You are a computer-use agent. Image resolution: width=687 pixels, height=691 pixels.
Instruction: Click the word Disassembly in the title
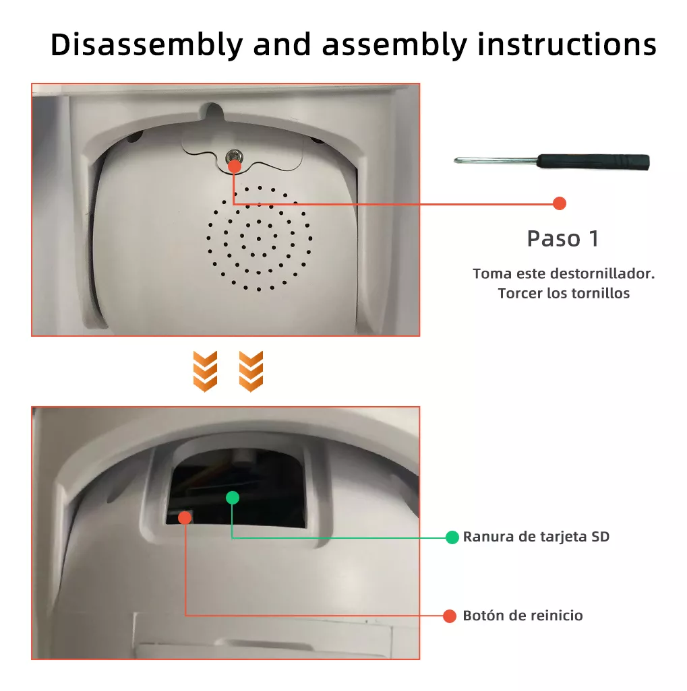coord(146,45)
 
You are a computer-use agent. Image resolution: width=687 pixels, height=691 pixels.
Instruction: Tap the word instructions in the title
coord(567,45)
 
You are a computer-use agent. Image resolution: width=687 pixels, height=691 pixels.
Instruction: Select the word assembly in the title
coord(394,45)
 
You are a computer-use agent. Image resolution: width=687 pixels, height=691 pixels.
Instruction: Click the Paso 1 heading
coord(562,238)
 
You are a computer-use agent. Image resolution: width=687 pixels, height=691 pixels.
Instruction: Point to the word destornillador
coord(602,274)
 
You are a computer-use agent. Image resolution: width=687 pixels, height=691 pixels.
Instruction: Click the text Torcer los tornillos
coord(564,294)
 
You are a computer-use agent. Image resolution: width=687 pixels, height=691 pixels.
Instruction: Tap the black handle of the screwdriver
coord(593,162)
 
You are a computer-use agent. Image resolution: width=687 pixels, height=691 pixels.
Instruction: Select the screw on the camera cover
coord(233,157)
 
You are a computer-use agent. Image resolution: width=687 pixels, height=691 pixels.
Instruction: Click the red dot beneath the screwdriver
coord(559,203)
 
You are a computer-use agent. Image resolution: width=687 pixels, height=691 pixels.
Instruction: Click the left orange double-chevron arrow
coord(205,371)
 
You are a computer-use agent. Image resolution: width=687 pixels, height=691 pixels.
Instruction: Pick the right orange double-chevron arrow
coord(251,371)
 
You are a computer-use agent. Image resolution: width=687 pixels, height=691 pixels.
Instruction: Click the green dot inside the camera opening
coord(232,498)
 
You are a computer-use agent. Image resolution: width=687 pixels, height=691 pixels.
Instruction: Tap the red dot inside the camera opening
coord(185,517)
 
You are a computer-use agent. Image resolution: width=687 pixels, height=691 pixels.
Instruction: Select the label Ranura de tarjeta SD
coord(536,537)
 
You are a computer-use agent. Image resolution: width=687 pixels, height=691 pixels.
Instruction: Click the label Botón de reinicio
coord(522,616)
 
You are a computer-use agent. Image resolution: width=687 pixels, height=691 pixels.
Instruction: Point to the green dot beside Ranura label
coord(452,537)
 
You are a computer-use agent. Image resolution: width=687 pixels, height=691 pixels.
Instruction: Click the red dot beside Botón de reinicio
coord(450,616)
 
